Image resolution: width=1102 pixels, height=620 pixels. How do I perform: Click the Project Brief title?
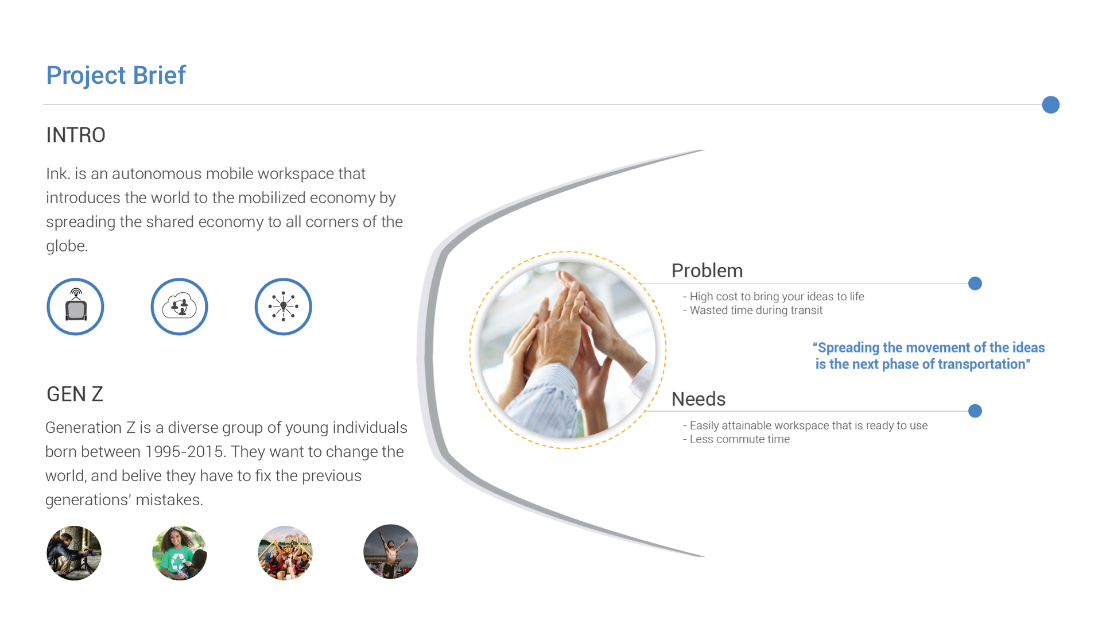click(116, 76)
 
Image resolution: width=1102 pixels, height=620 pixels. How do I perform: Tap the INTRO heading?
click(76, 135)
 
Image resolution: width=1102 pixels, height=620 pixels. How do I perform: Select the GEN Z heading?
click(75, 394)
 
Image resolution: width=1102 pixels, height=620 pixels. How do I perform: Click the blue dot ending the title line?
click(1050, 105)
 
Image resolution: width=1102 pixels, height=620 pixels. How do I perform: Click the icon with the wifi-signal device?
click(75, 307)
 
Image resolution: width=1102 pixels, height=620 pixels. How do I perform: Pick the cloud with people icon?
click(179, 307)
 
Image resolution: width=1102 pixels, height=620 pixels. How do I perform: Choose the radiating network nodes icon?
click(283, 307)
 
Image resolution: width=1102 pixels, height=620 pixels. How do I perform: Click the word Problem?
click(707, 270)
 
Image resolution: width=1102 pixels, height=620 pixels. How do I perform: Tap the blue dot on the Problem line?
click(975, 284)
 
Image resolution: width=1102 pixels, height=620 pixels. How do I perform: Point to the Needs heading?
click(699, 399)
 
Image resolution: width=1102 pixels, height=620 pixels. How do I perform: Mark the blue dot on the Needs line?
click(975, 411)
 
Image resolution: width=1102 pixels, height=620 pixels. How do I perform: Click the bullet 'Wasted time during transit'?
click(752, 311)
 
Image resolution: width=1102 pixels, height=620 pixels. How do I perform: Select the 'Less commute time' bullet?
click(736, 439)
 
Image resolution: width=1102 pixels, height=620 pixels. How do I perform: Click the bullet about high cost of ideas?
click(773, 296)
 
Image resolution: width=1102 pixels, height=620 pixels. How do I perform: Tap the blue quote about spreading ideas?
click(928, 356)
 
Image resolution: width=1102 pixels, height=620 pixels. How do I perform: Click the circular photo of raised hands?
click(568, 350)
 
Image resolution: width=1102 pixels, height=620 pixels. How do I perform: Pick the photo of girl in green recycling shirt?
click(180, 553)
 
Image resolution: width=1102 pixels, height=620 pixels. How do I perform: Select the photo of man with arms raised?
click(391, 552)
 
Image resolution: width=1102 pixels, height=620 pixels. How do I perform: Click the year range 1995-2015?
click(184, 452)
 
